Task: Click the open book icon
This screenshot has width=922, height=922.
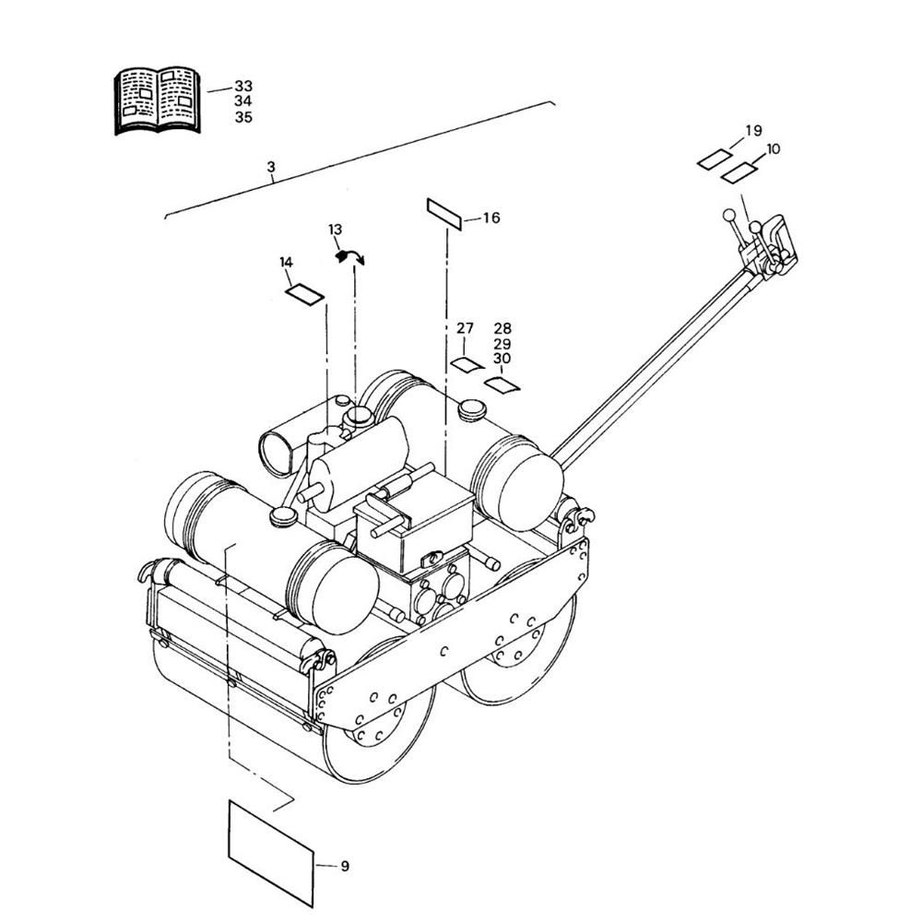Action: (x=157, y=100)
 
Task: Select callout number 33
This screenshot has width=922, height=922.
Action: (x=243, y=87)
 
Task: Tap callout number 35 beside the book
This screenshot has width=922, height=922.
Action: (x=243, y=118)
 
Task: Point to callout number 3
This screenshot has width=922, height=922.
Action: (x=270, y=167)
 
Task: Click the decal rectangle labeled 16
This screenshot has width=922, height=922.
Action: (x=444, y=214)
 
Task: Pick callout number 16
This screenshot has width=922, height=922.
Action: (x=491, y=219)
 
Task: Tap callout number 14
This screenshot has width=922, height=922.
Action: (x=287, y=262)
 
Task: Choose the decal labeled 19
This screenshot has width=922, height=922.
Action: (x=715, y=160)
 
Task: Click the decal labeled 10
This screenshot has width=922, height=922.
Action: (x=739, y=173)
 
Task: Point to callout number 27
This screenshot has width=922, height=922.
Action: (x=465, y=328)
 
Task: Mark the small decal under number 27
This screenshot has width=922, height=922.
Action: (x=467, y=364)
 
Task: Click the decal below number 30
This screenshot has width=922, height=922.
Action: (x=502, y=385)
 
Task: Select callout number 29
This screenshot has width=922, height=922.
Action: (x=502, y=344)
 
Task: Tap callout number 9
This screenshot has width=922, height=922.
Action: (x=345, y=866)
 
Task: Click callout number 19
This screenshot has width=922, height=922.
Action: (x=753, y=131)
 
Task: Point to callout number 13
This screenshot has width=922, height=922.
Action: (x=336, y=230)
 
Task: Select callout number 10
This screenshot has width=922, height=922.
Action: (x=774, y=149)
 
